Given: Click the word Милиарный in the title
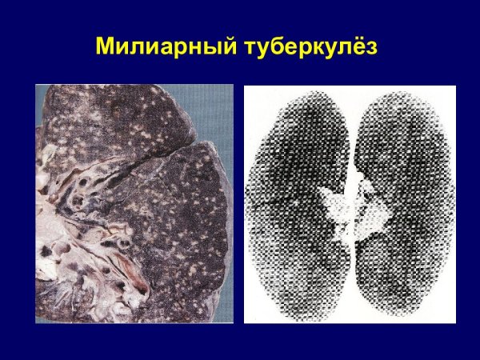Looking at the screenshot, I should [x=163, y=46].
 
